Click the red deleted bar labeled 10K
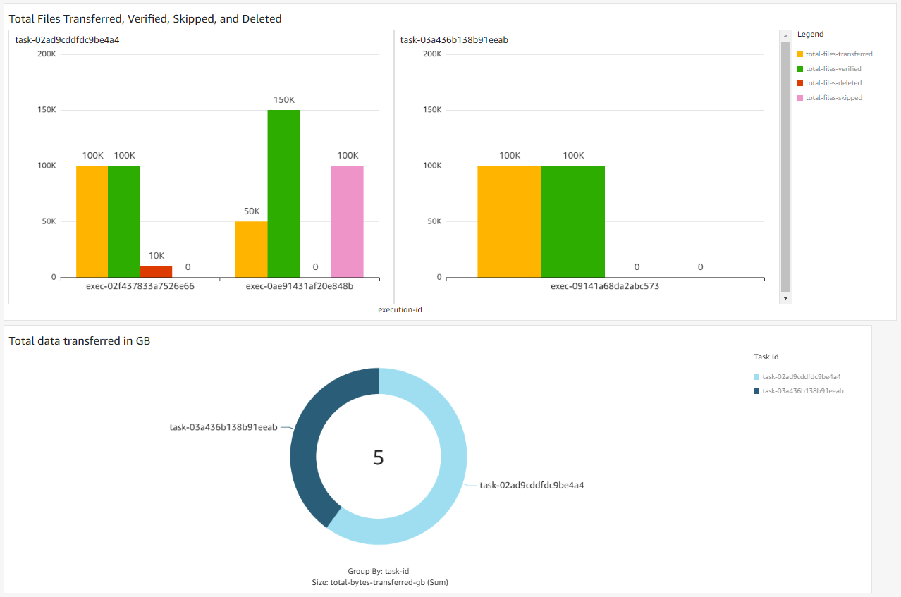tap(156, 271)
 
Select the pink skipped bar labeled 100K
tap(347, 221)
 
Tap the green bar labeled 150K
tap(283, 193)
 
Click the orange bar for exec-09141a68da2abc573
tap(509, 221)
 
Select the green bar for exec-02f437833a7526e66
tap(124, 221)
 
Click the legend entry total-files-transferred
tap(838, 54)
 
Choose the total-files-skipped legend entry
tap(833, 98)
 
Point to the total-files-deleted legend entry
tap(833, 83)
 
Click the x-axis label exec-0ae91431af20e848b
tap(299, 287)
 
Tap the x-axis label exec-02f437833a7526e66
tap(140, 287)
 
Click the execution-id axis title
tap(400, 309)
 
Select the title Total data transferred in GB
tap(80, 341)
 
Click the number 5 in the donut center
tap(379, 458)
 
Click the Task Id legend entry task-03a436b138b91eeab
tap(802, 390)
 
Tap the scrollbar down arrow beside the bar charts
tap(786, 298)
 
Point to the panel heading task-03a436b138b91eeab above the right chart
tap(454, 40)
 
